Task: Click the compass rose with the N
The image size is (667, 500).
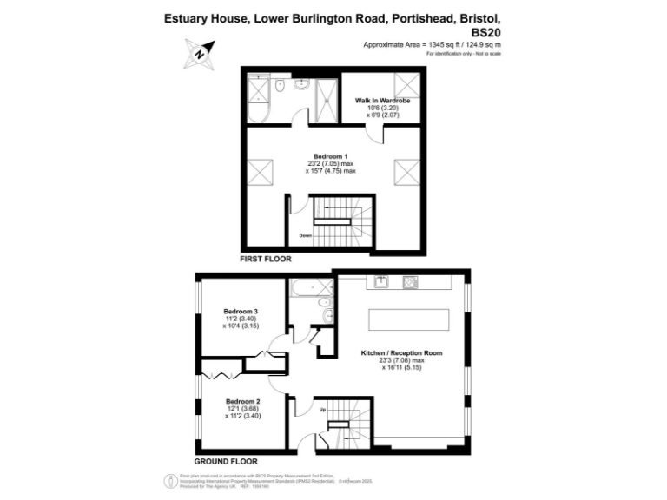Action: pyautogui.click(x=199, y=55)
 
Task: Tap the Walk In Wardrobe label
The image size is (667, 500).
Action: pyautogui.click(x=382, y=101)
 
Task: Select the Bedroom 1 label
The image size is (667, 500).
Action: pyautogui.click(x=330, y=156)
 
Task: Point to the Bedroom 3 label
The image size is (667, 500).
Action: pyautogui.click(x=241, y=311)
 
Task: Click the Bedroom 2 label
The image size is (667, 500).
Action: pyautogui.click(x=242, y=401)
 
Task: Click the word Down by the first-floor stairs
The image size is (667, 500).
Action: pyautogui.click(x=306, y=235)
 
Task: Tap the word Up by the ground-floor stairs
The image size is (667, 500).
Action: pyautogui.click(x=323, y=410)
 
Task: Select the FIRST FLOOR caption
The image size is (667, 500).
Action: pyautogui.click(x=266, y=259)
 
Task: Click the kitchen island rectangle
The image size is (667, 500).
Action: pyautogui.click(x=410, y=319)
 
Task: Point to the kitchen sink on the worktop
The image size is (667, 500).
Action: pyautogui.click(x=381, y=281)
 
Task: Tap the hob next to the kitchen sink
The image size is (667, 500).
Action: pyautogui.click(x=410, y=281)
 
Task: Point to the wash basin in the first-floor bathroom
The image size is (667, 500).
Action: pyautogui.click(x=300, y=84)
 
